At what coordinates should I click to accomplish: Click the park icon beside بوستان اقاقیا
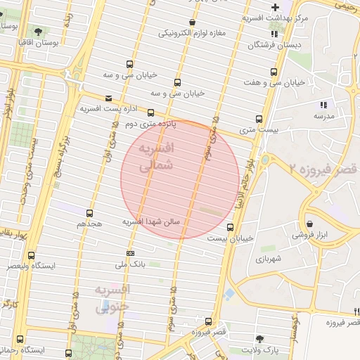(37, 31)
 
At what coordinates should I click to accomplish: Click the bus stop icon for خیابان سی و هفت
(274, 71)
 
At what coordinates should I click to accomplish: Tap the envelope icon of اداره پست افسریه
(108, 98)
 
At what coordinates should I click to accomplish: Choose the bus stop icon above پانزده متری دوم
(150, 112)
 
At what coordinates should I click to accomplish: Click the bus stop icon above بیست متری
(259, 119)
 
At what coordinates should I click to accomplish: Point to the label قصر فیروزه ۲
(324, 169)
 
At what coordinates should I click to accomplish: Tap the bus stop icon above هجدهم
(89, 212)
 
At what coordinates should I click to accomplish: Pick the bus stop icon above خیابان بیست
(230, 226)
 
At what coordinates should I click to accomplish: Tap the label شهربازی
(269, 259)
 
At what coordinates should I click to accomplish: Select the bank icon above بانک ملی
(130, 253)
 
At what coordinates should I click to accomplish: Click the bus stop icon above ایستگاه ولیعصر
(30, 255)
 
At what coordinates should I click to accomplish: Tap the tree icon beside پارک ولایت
(259, 338)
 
